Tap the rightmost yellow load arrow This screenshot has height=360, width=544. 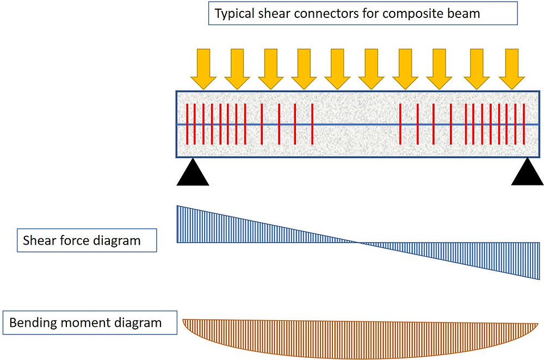(x=511, y=67)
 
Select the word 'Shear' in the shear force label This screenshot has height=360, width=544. (x=39, y=240)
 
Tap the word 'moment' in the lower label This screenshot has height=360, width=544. (x=83, y=322)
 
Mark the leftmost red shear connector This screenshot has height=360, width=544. (x=187, y=125)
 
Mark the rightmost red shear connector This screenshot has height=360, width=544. (x=523, y=125)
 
